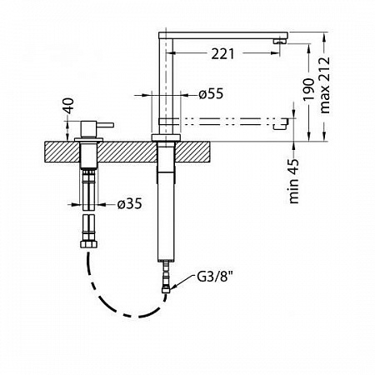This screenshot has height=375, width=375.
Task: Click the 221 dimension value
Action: (222, 53)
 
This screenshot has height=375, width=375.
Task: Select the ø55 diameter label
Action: (211, 94)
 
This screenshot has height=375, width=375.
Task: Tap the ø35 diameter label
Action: (129, 204)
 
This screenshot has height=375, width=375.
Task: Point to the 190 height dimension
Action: (307, 90)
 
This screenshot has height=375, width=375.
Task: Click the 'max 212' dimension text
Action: (324, 85)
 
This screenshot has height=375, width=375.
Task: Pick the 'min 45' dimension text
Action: (294, 181)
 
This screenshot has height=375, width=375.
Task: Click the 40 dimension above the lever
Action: (68, 106)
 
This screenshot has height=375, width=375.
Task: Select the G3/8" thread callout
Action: (214, 277)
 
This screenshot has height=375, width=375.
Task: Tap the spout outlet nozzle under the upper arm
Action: (279, 42)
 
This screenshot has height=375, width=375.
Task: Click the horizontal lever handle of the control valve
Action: (105, 125)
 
